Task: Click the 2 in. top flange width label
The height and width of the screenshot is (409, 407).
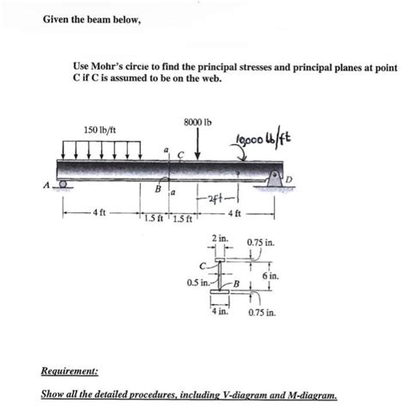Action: (x=219, y=235)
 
